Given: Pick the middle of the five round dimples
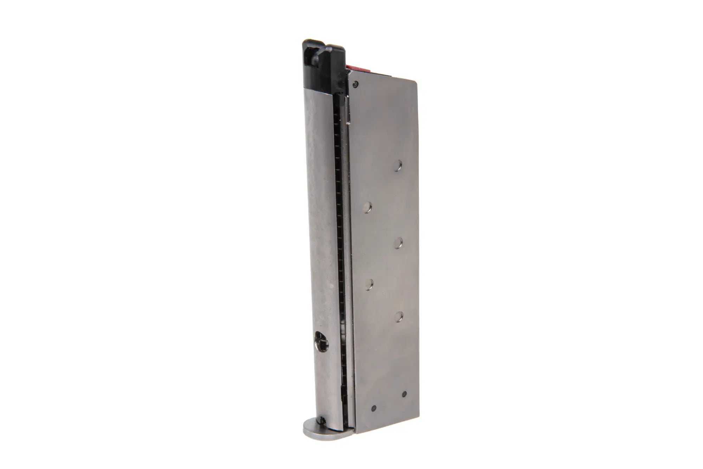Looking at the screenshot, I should tap(398, 242).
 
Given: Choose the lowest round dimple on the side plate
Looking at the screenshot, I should tap(398, 317).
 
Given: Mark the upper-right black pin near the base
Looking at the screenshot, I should tap(404, 384).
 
